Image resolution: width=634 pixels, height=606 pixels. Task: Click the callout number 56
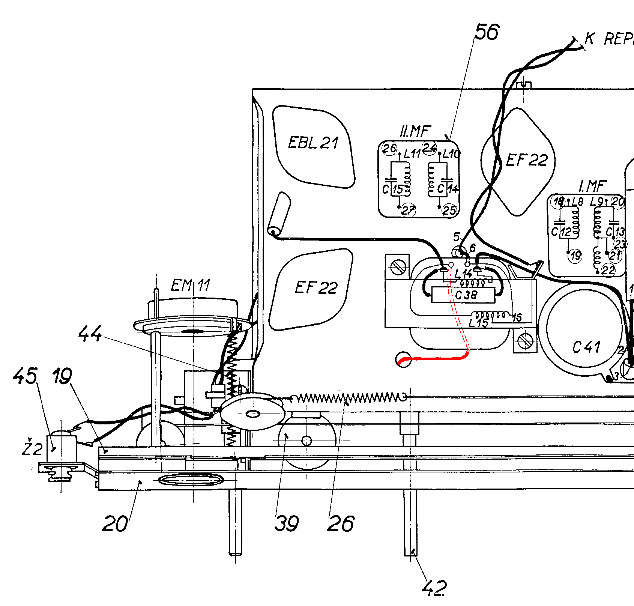(487, 32)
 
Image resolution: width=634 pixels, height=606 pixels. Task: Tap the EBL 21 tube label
(313, 143)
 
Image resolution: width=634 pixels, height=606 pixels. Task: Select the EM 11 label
(190, 286)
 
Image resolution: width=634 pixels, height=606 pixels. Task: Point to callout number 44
(90, 333)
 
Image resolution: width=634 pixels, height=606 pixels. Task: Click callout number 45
(25, 376)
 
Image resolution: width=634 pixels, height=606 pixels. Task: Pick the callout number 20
(115, 523)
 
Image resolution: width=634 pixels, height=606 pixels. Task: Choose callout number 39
(287, 523)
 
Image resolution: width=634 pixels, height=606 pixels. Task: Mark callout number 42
(434, 588)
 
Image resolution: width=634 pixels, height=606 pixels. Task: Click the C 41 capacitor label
(586, 347)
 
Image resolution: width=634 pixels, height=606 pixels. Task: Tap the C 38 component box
(463, 295)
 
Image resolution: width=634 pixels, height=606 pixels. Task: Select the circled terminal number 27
(408, 210)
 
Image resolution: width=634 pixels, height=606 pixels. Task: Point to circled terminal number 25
(449, 210)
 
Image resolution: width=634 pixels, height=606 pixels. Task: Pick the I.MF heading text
(592, 186)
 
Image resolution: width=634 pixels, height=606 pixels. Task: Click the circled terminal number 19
(575, 256)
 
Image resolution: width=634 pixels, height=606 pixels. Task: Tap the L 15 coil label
(478, 323)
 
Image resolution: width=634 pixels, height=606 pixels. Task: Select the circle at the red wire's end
(403, 359)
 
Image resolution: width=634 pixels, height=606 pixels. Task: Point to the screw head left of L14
(398, 267)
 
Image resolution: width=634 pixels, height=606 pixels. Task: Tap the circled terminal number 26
(389, 149)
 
